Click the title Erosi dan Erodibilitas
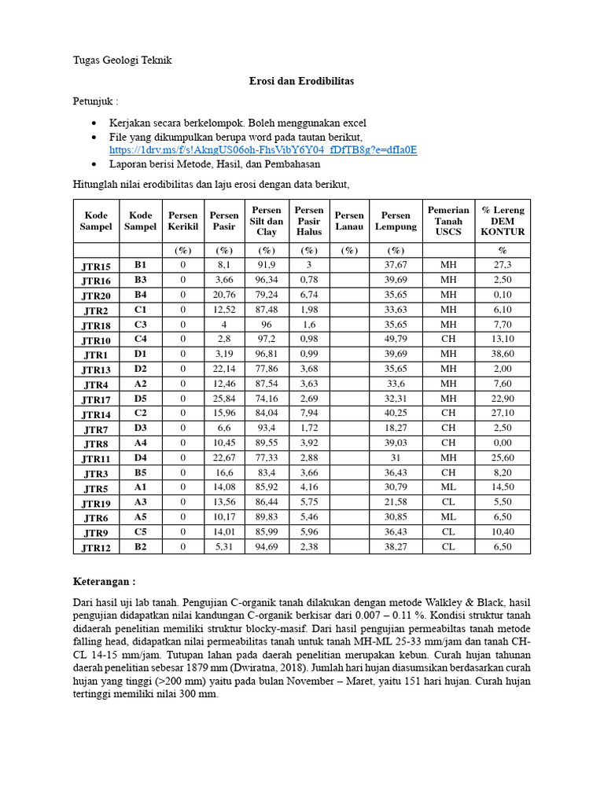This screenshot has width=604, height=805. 301,81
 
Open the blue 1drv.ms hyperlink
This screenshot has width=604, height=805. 263,149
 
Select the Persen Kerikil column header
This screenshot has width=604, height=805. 183,221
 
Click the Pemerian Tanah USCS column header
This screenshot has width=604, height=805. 448,221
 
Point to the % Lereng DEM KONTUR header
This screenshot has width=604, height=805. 503,221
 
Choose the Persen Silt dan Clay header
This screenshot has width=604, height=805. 267,221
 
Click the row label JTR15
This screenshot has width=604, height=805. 97,266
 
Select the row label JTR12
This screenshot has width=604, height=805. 97,547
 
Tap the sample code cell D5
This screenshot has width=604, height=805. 140,399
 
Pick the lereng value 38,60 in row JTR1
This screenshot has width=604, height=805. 503,355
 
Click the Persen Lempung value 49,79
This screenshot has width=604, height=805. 395,340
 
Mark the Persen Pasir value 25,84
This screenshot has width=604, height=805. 224,399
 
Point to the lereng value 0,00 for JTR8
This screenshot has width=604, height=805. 503,443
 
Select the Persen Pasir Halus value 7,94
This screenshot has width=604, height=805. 309,414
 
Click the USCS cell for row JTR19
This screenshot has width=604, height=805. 448,502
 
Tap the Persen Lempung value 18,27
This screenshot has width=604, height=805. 395,428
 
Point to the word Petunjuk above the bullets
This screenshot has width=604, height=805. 88,101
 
